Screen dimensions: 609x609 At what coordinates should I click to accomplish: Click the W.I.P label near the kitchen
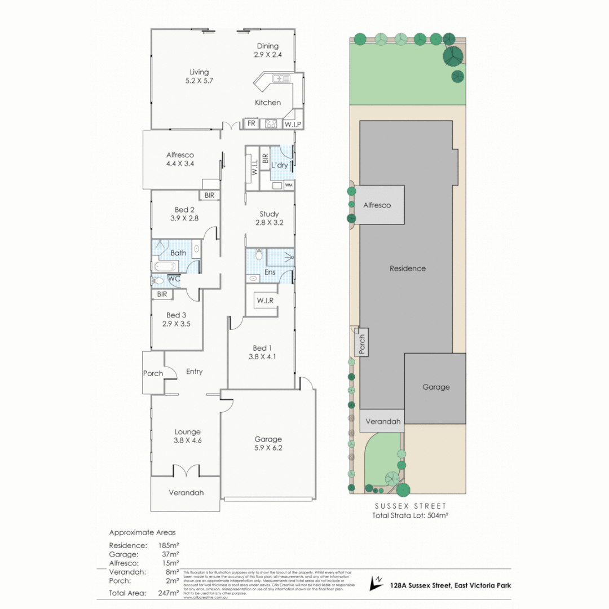point(292,124)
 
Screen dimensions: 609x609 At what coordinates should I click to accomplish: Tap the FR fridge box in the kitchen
point(250,123)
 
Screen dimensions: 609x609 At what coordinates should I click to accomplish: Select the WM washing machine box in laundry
point(288,185)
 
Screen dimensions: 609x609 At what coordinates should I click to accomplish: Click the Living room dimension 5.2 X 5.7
point(199,81)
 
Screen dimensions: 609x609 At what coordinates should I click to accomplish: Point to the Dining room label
point(268,46)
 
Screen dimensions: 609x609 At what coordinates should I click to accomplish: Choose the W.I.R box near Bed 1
point(264,301)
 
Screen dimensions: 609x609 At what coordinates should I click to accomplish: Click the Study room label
point(269,214)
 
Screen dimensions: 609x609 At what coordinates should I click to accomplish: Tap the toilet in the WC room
point(158,280)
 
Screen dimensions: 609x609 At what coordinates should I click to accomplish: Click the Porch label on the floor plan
point(153,373)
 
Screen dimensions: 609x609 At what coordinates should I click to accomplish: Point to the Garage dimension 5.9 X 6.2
point(268,448)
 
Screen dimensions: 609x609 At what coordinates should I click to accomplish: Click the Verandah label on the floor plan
point(186,492)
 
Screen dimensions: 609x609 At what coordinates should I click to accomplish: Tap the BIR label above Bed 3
point(162,294)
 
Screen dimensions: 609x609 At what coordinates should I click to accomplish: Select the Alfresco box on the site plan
point(377,205)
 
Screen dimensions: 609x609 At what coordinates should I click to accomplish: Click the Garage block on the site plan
point(436,387)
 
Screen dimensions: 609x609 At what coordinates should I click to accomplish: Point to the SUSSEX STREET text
point(410,506)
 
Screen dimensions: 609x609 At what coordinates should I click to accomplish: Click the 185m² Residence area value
point(169,545)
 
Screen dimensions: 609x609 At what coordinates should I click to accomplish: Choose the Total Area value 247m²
point(169,593)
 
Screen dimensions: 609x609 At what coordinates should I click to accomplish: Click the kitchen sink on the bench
point(280,78)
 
